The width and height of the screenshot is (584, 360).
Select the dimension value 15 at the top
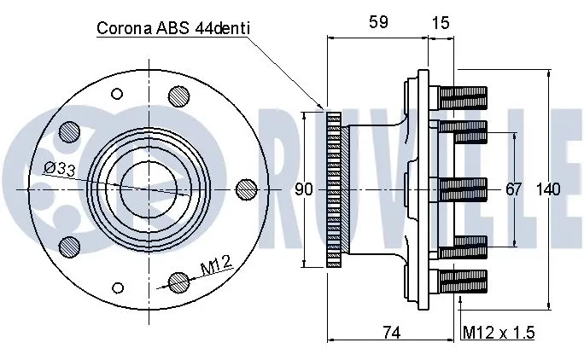click(x=441, y=23)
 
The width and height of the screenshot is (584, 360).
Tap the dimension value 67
click(x=513, y=189)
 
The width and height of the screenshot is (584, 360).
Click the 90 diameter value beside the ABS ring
click(x=304, y=189)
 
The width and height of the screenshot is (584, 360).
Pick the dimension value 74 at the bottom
click(x=391, y=333)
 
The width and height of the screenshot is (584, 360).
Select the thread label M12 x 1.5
click(x=498, y=333)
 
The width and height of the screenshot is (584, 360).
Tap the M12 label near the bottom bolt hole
click(x=218, y=269)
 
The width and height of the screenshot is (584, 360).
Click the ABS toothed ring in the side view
click(x=333, y=189)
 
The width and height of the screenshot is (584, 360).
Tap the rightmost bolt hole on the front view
click(x=246, y=188)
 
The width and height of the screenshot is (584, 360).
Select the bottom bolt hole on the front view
click(x=178, y=281)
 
